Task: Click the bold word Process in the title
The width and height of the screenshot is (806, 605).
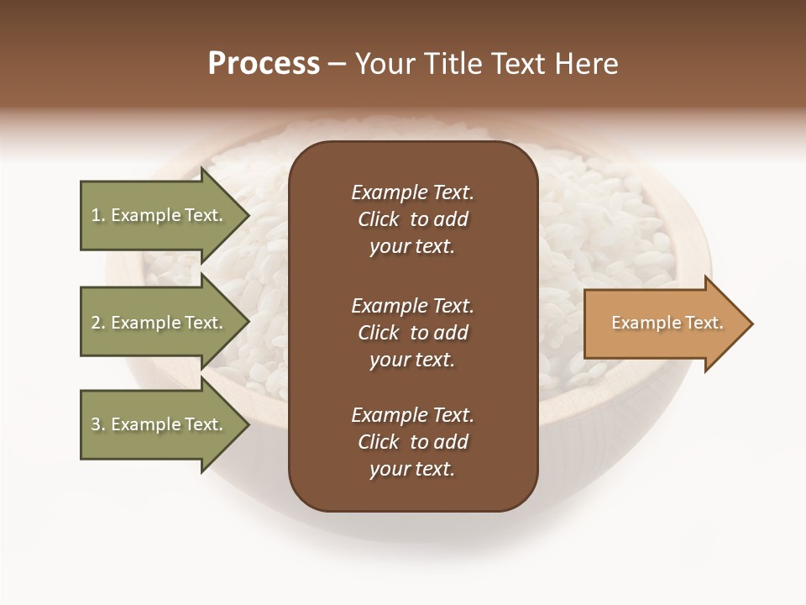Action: point(264,64)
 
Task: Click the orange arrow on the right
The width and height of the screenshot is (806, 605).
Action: point(663,324)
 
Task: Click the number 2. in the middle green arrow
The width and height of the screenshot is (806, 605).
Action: point(98,323)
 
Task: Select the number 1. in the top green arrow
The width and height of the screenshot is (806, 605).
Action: point(98,215)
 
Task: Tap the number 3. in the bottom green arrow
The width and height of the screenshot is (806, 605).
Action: point(98,424)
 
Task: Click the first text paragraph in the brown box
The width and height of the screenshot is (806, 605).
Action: point(412,219)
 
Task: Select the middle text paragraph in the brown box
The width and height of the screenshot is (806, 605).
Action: point(412,333)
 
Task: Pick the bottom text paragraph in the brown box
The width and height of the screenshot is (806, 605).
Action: point(412,442)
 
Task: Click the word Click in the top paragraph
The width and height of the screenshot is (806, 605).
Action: point(378,219)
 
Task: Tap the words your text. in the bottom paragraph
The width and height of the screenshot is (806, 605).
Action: point(412,469)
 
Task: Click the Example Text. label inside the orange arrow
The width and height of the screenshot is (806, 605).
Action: point(667,323)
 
